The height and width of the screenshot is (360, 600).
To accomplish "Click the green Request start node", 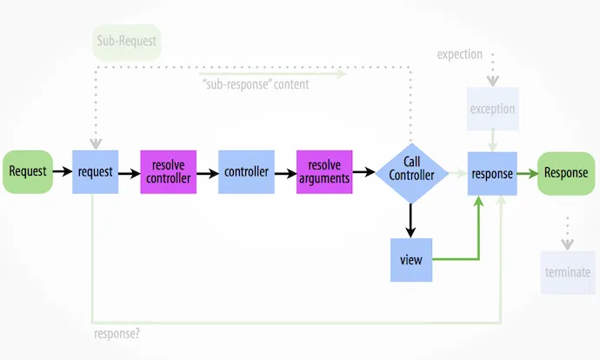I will click(28, 172).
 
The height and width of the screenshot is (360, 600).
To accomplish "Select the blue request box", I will click(95, 172).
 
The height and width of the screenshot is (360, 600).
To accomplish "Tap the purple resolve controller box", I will click(169, 172).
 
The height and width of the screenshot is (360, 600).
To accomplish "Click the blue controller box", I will click(247, 172).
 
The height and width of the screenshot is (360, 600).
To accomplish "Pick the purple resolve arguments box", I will click(324, 172).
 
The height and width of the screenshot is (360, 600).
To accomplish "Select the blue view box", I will click(411, 259).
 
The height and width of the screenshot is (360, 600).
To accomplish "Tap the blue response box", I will click(492, 172).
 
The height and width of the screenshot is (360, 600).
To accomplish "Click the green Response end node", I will click(566, 172).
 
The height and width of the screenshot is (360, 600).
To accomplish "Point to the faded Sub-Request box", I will click(127, 42).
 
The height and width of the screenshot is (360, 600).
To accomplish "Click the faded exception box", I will click(492, 110).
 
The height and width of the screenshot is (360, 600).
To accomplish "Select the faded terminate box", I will click(568, 272).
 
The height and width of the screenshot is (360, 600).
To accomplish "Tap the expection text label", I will click(460, 55).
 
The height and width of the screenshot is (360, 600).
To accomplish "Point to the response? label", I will click(117, 333).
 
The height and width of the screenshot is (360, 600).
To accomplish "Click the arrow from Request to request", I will click(63, 172).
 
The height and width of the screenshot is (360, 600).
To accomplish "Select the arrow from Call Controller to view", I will click(411, 220).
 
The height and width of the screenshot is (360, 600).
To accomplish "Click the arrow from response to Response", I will click(528, 172).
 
